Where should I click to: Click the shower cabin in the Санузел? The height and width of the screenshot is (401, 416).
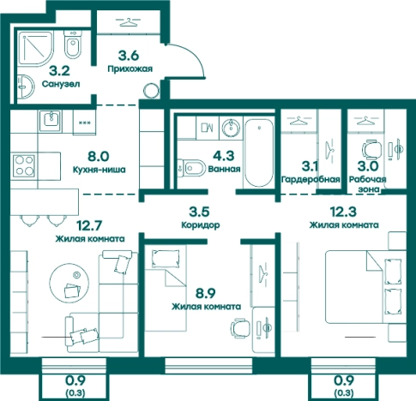36,48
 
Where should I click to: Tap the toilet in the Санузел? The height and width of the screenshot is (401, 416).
72,45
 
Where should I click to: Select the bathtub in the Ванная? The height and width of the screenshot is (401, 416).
259,153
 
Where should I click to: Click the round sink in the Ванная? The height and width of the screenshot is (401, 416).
231,128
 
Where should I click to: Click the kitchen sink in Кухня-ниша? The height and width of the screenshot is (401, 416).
51,121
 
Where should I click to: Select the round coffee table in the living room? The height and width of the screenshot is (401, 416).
69,283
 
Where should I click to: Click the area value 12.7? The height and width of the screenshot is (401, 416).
89,225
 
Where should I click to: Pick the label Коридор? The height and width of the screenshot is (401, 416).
201,224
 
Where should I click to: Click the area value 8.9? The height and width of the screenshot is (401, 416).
205,292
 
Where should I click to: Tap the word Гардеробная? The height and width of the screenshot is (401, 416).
310,179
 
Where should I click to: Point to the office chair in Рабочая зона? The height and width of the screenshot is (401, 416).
371,149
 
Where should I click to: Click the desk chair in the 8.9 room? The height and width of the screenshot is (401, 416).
240,328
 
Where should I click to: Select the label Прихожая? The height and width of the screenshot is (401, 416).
130,69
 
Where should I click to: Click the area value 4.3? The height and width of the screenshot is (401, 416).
224,156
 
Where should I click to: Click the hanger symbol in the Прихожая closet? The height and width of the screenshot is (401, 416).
128,22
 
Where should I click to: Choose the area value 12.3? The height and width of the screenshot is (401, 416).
343,212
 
